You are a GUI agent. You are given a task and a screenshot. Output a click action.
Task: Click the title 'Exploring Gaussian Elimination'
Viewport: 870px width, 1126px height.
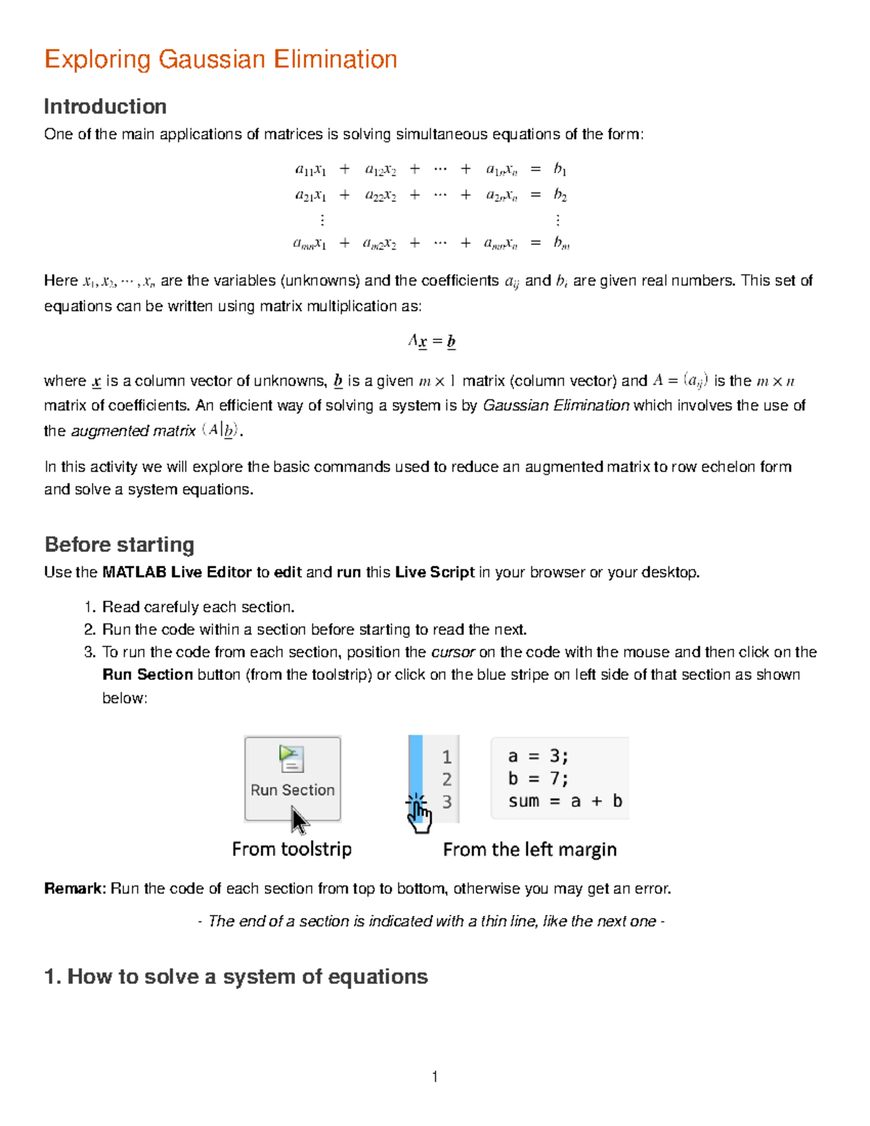220,59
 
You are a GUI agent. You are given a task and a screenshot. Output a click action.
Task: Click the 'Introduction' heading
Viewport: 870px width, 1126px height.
105,107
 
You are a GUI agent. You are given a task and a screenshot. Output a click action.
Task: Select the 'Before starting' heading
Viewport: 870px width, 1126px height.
120,545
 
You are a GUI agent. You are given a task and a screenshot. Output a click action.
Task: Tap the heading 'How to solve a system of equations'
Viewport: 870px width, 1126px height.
246,977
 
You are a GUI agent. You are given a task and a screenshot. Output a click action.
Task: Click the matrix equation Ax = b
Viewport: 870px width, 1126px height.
431,341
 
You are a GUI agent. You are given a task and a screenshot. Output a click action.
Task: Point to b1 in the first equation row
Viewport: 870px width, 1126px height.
560,169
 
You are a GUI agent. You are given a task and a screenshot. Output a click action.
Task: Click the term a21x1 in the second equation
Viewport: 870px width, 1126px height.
310,195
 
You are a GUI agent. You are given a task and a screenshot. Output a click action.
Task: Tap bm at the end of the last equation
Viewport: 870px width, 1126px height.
561,244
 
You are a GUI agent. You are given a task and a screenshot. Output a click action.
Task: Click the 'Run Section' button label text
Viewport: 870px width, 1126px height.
292,790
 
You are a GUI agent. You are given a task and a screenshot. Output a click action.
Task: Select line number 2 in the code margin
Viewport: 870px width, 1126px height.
447,779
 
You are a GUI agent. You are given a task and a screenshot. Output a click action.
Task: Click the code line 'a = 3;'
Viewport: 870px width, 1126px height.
537,756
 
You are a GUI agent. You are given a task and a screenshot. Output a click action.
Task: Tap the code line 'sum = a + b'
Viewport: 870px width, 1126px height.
565,801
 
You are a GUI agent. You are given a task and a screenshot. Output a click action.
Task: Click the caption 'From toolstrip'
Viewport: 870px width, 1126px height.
291,849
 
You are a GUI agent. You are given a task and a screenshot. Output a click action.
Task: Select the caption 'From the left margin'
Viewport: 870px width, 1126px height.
529,850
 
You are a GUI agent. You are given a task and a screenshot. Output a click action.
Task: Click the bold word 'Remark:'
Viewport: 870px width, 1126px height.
75,889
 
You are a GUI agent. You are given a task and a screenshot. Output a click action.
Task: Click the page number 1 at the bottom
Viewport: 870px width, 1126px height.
434,1077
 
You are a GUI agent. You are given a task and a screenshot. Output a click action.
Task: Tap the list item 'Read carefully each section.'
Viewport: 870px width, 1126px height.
198,607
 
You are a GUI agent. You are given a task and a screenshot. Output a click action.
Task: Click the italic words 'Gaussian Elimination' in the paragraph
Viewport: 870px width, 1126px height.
555,405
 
